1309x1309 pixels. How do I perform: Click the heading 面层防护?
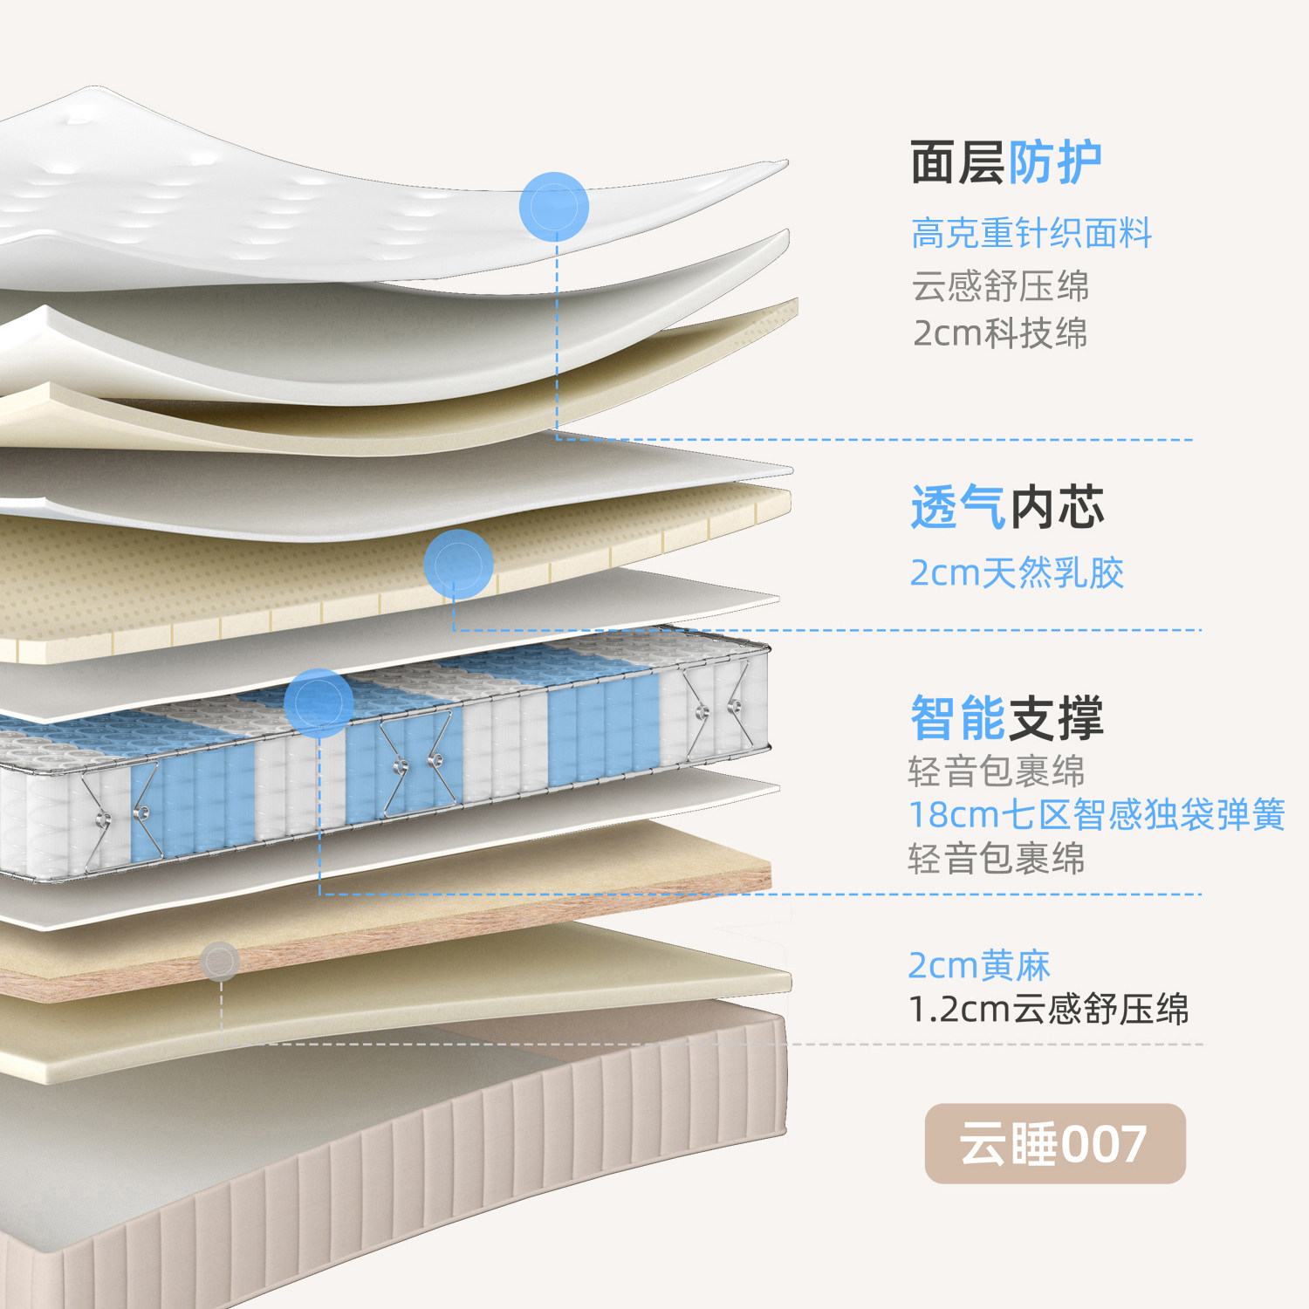pos(1005,162)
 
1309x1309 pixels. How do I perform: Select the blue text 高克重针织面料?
pos(1031,233)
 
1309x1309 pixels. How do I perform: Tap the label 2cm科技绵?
pos(1000,333)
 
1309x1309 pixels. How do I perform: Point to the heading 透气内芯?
pos(1007,508)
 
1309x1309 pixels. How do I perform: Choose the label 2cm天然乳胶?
pos(1017,573)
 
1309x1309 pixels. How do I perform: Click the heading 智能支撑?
pos(1007,718)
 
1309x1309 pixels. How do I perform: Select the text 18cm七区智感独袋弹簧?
pos(1097,814)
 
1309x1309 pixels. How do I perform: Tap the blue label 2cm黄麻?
pos(979,965)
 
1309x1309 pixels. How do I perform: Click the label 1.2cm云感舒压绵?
pos(1049,1009)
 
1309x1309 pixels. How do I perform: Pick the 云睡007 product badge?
pos(1055,1143)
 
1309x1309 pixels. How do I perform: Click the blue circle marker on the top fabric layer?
pos(554,207)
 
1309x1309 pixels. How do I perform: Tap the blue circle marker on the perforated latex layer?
pos(458,564)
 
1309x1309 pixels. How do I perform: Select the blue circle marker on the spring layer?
pos(319,702)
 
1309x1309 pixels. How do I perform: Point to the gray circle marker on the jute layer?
pos(220,961)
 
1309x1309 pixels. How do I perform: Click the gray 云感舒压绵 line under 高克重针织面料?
pos(1000,285)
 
